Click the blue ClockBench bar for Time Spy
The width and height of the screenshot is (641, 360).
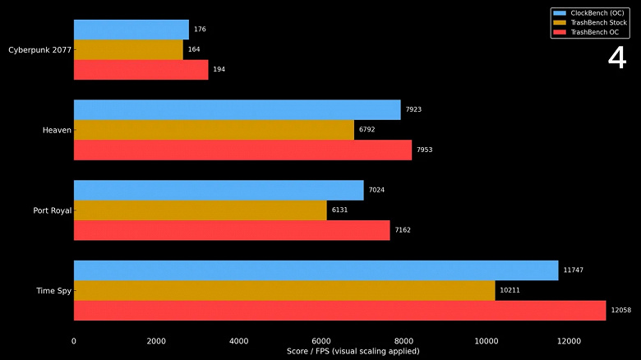click(316, 270)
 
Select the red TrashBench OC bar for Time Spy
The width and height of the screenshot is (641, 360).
click(339, 311)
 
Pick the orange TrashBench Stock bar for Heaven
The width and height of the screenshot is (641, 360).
click(214, 130)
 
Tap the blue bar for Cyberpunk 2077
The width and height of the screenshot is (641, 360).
click(131, 30)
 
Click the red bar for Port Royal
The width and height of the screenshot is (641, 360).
click(232, 230)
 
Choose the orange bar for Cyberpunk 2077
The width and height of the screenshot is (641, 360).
click(128, 49)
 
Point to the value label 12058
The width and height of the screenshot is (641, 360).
click(620, 311)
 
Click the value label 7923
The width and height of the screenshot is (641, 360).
click(413, 110)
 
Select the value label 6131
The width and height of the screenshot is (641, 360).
click(339, 210)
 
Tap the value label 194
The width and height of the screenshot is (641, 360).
click(219, 70)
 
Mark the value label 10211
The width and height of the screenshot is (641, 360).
click(510, 290)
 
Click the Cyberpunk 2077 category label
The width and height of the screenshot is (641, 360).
click(39, 49)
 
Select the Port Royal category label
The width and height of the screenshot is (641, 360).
click(53, 210)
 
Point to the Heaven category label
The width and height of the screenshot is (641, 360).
click(57, 130)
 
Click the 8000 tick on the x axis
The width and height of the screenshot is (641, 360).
click(404, 340)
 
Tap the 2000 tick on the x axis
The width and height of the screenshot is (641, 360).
click(156, 340)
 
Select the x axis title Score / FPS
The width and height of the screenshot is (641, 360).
click(353, 351)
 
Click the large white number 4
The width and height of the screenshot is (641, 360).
click(616, 58)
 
